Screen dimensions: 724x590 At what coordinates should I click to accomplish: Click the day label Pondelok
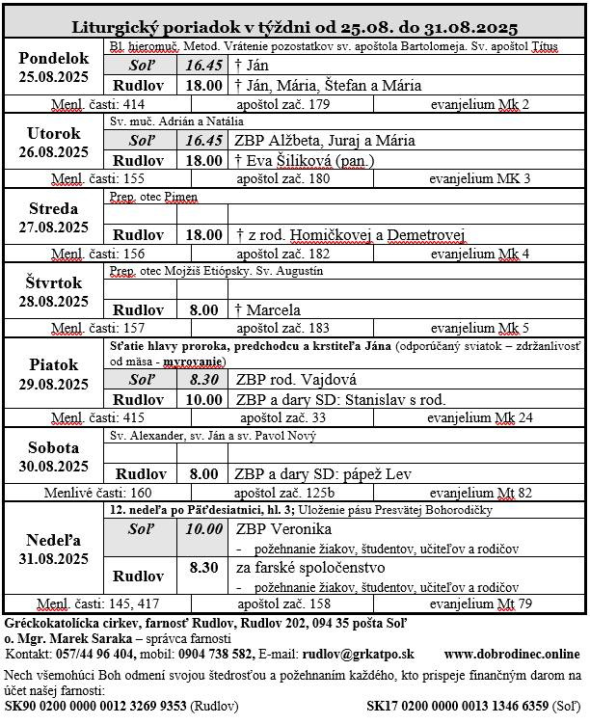pos(53,58)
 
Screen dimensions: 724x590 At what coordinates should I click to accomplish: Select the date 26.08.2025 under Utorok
pos(53,152)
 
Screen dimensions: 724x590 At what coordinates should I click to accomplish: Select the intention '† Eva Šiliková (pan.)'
pos(305,160)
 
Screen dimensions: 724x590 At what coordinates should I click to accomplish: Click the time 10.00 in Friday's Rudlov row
pos(202,399)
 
